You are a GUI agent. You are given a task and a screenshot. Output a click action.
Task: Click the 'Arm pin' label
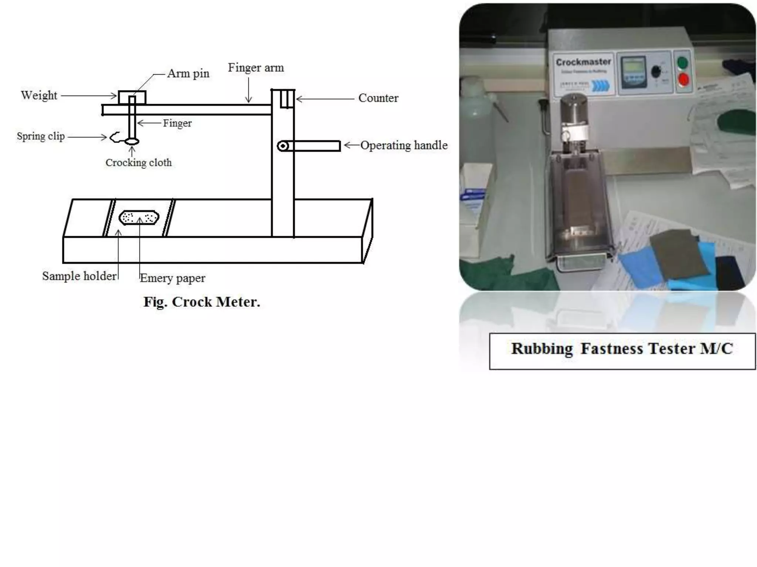[188, 73]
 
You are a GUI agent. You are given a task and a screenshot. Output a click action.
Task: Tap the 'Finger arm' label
[256, 68]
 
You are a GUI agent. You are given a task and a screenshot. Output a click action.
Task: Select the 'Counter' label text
[378, 98]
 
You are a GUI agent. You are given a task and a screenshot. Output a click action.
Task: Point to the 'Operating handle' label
[404, 145]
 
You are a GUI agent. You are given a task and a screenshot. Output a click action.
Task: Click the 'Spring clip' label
[41, 136]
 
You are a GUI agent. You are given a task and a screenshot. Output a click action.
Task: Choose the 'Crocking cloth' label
[139, 162]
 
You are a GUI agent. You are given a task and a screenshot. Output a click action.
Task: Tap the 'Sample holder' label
[79, 276]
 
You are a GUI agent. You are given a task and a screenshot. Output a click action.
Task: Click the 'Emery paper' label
[172, 278]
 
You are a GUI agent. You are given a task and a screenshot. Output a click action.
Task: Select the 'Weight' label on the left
[39, 95]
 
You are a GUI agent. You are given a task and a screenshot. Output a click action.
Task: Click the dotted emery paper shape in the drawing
[139, 217]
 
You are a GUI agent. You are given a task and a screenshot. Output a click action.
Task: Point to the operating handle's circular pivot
[283, 146]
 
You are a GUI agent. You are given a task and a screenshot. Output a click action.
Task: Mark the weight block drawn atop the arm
[132, 97]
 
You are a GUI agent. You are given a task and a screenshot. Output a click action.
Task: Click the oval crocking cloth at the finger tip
[132, 141]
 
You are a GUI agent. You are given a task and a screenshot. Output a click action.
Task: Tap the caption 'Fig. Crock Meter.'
[202, 302]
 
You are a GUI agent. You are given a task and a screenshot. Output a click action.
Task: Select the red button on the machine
[683, 79]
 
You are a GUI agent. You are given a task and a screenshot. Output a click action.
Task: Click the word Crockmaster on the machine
[583, 62]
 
